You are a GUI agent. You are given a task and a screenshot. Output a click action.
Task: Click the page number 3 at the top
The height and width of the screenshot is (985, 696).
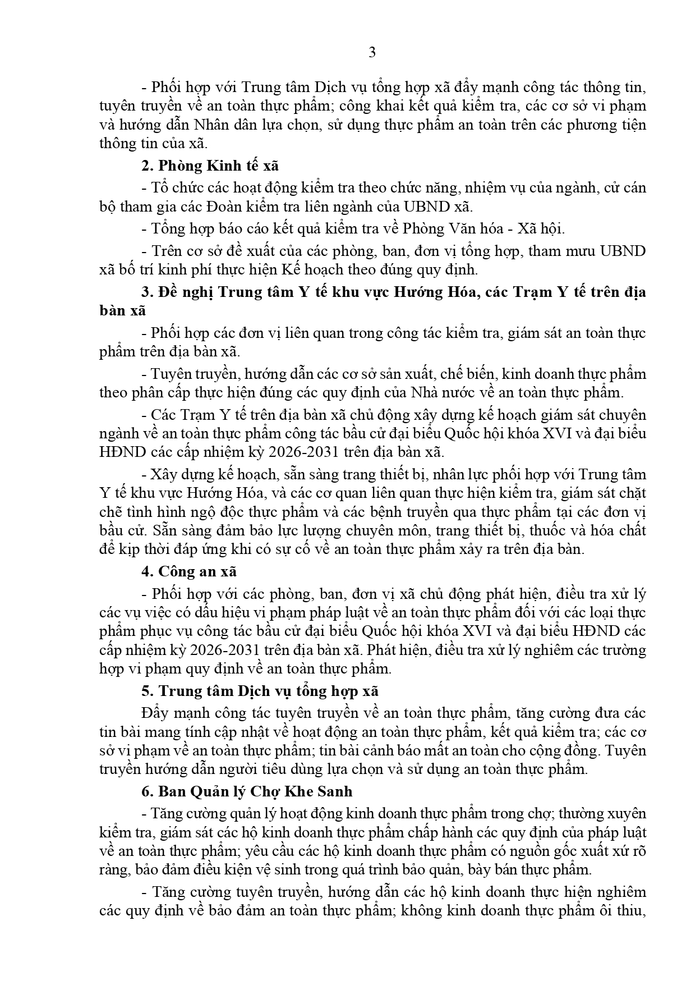[372, 53]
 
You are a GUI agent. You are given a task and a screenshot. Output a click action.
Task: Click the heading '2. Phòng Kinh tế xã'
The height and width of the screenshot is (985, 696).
[210, 166]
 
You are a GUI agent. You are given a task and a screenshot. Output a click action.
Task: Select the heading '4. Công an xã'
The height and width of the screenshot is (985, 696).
[190, 571]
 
